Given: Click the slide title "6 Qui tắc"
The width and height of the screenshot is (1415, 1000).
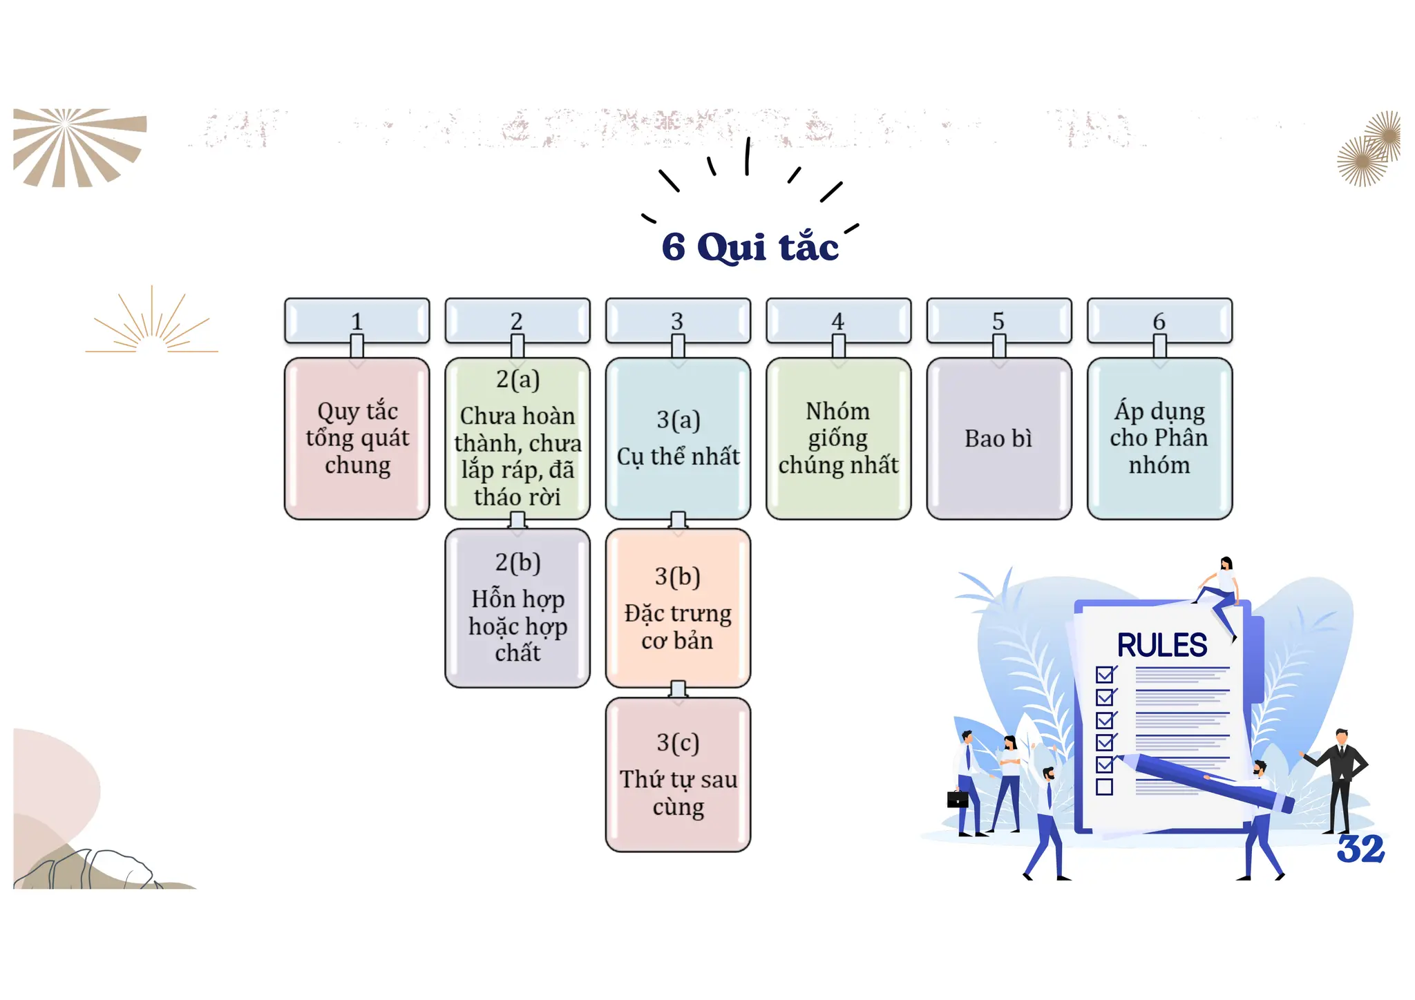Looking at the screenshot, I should point(750,247).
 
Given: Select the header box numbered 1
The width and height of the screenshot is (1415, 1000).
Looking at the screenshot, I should point(357,320).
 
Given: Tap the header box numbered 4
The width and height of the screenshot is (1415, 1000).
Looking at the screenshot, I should point(838,320).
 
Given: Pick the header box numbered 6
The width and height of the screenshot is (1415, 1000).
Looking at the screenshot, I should point(1159,320).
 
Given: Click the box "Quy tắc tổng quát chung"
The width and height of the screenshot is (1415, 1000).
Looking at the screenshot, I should point(357,438).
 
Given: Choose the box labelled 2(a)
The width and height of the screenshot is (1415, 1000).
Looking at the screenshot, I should point(517,438).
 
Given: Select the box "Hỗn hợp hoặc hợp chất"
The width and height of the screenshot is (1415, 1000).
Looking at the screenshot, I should point(517,608).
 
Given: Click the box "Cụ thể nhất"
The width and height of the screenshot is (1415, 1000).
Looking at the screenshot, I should point(678,438).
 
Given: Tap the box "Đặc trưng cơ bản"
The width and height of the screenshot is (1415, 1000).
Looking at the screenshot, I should point(678,608).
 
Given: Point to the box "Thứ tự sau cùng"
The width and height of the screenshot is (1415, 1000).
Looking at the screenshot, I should point(678,775).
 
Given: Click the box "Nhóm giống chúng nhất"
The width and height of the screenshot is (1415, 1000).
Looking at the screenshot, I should point(838,438).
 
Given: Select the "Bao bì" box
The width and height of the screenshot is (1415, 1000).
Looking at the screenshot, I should point(998,438).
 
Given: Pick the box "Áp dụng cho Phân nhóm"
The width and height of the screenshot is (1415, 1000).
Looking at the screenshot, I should point(1159,438).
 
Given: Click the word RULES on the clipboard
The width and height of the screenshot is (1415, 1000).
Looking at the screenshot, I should point(1162,646).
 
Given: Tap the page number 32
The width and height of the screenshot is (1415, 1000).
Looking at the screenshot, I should point(1360,849).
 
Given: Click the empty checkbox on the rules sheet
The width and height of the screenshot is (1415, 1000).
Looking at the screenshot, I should point(1104,787).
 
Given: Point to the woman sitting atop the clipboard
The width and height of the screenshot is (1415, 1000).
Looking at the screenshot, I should point(1221,587).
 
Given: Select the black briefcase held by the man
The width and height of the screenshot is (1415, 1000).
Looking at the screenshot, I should point(958,800).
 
